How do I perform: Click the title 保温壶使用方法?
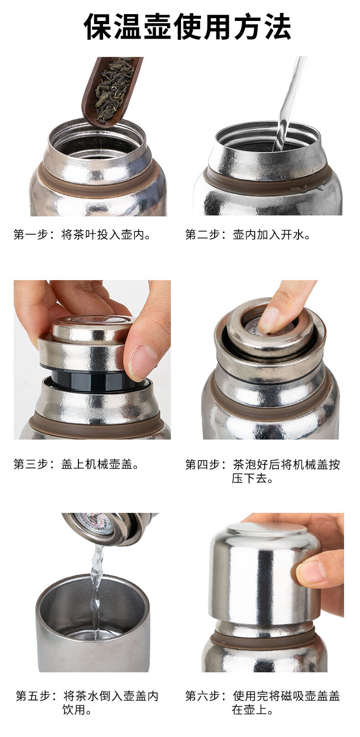188,27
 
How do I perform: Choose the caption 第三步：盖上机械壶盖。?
77,464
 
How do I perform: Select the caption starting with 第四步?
262,471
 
